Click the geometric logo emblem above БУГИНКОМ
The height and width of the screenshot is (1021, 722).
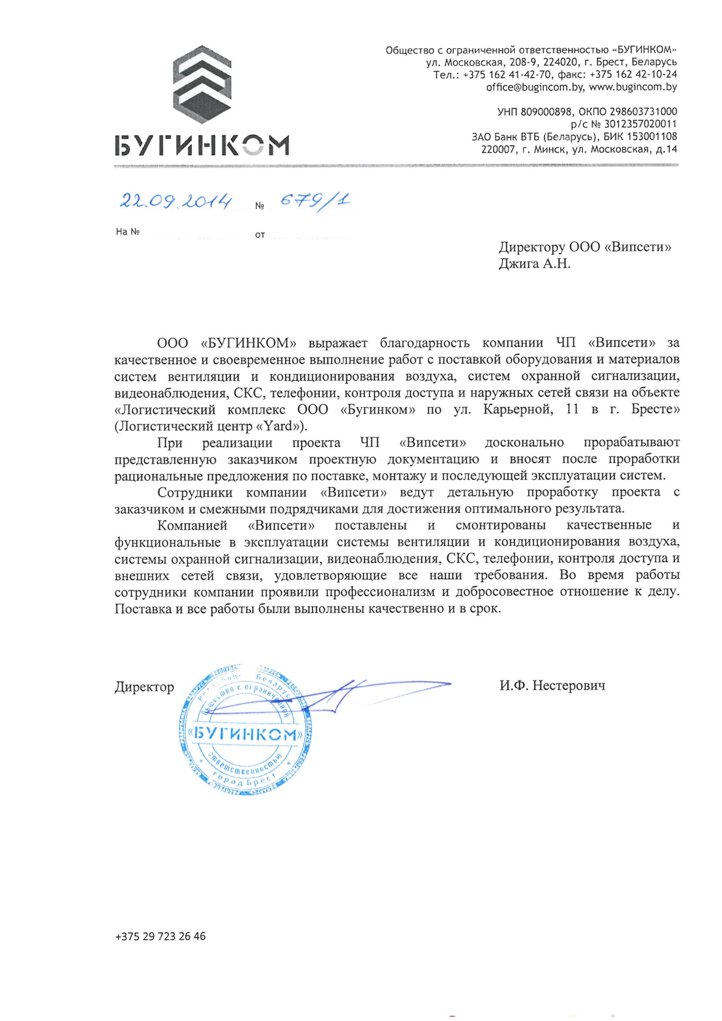pyautogui.click(x=202, y=84)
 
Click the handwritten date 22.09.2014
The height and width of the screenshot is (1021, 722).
pyautogui.click(x=176, y=202)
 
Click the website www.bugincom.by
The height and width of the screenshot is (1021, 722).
pyautogui.click(x=633, y=87)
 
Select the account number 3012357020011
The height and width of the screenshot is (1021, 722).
pyautogui.click(x=640, y=124)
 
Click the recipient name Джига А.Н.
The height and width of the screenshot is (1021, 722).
pyautogui.click(x=534, y=264)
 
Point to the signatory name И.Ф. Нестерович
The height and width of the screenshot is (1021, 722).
pyautogui.click(x=552, y=685)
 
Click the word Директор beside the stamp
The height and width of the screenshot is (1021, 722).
pyautogui.click(x=144, y=687)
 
